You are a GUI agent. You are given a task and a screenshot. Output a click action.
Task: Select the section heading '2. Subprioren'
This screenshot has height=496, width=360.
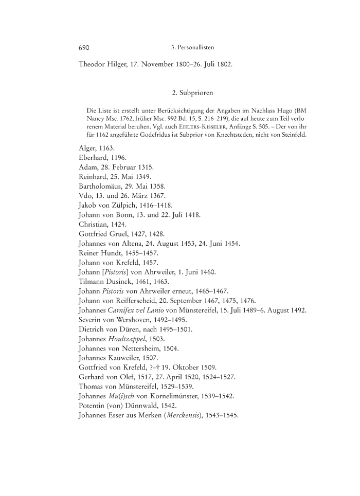click(192, 93)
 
